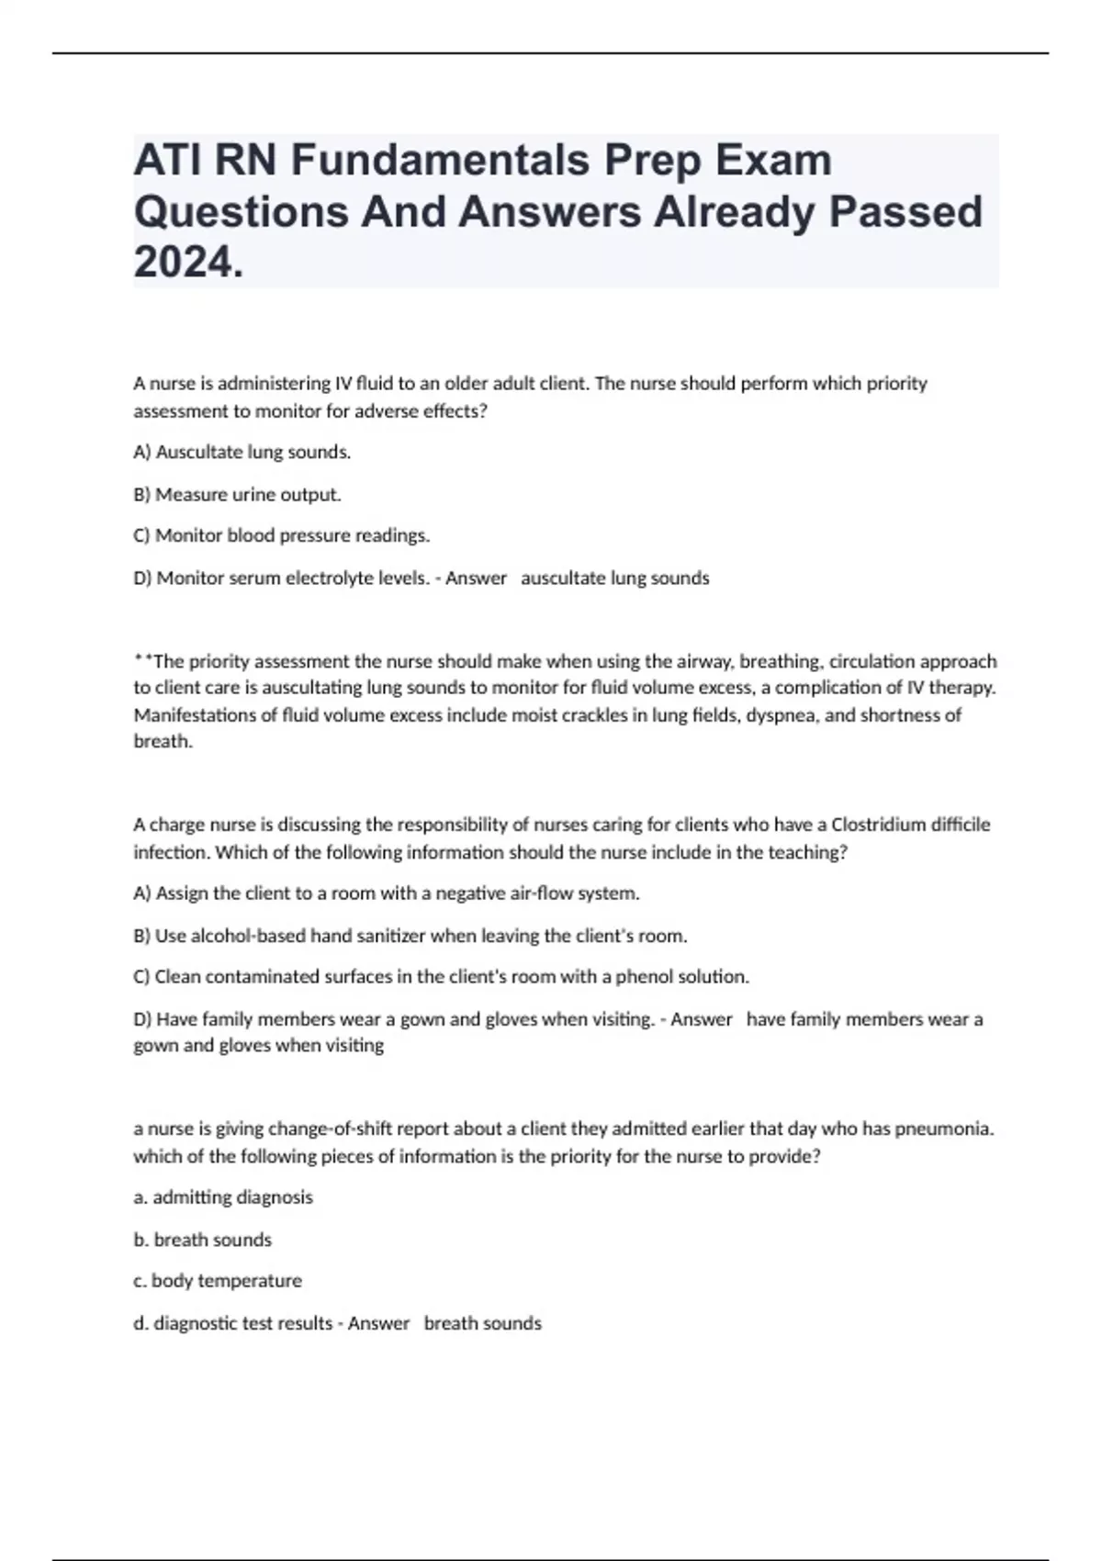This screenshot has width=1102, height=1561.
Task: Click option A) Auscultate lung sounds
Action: coord(242,452)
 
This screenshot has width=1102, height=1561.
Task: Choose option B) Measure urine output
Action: coord(237,494)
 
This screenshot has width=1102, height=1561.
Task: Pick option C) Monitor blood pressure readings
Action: coord(281,535)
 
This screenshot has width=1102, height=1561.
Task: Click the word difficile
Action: coord(961,825)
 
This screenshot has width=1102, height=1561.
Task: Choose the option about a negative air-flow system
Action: coord(386,893)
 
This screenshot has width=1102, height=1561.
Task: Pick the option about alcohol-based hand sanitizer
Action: coord(410,937)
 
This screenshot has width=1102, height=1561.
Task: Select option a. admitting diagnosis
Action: coord(223,1197)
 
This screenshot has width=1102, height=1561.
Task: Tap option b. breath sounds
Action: coord(203,1240)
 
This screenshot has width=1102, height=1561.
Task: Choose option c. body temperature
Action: coord(218,1281)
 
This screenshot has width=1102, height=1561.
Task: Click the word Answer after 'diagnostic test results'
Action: coord(378,1323)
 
